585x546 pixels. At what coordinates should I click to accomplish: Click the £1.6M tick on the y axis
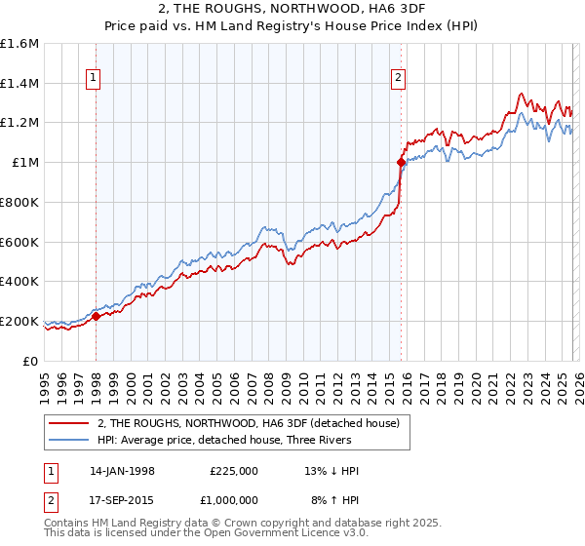19,44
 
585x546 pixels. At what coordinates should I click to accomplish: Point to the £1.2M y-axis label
19,123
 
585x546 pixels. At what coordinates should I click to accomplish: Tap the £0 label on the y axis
31,361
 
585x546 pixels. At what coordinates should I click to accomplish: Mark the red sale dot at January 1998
97,316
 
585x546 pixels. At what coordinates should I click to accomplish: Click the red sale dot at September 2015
401,163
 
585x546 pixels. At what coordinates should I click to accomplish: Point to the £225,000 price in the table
233,471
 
